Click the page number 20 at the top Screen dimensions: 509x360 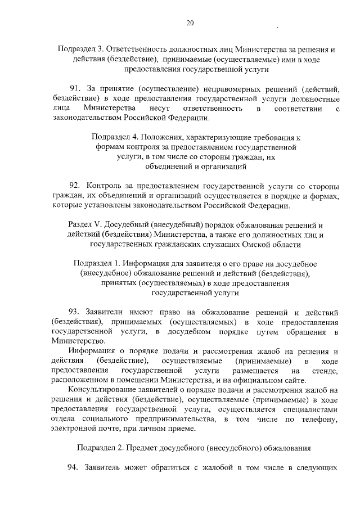[x=190, y=23]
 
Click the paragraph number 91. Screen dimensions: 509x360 [x=75, y=89]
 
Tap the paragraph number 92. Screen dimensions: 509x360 [x=75, y=186]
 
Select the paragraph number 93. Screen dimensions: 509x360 [x=75, y=312]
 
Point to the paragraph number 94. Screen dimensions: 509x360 [x=75, y=467]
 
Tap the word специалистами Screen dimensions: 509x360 [x=313, y=409]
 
